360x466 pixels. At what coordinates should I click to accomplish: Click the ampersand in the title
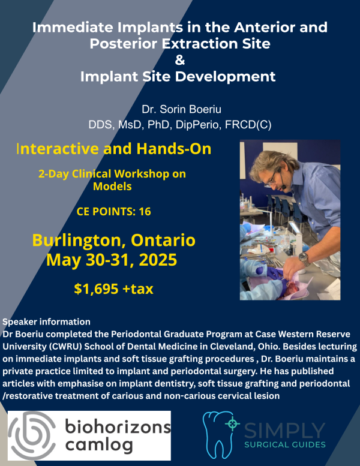click(180, 60)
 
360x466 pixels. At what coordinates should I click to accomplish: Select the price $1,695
click(100, 289)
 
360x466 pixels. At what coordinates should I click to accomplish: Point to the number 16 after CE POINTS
click(145, 211)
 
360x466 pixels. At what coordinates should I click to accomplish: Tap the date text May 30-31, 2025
click(113, 261)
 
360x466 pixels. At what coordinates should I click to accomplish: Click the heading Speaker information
click(47, 321)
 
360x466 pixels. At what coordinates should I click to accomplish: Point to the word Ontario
click(158, 241)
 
